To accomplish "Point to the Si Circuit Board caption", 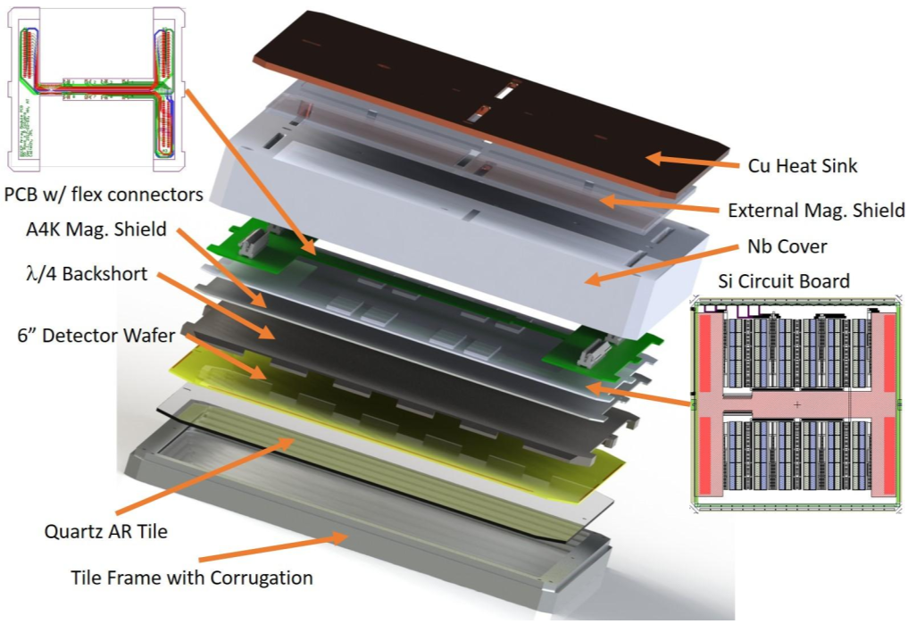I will (x=786, y=282).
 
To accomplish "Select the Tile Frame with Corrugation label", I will (x=192, y=577).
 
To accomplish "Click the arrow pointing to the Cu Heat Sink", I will (x=688, y=162).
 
